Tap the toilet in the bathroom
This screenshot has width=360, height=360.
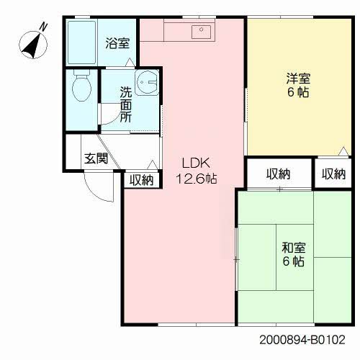pyautogui.click(x=82, y=85)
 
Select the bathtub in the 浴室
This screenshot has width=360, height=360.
pyautogui.click(x=81, y=42)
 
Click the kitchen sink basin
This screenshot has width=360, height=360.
pyautogui.click(x=201, y=32)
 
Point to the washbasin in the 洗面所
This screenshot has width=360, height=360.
pyautogui.click(x=146, y=83)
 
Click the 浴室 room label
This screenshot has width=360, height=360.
pyautogui.click(x=117, y=43)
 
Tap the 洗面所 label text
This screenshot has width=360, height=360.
pyautogui.click(x=126, y=104)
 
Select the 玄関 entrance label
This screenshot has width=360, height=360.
pyautogui.click(x=96, y=158)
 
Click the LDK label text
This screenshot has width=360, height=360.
pyautogui.click(x=196, y=163)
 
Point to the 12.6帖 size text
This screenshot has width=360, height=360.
pyautogui.click(x=197, y=179)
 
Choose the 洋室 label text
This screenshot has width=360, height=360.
pyautogui.click(x=298, y=78)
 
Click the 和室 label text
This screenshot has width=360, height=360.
pyautogui.click(x=294, y=248)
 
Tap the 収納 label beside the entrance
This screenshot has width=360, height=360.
pyautogui.click(x=142, y=180)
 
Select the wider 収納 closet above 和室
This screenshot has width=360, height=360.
pyautogui.click(x=279, y=174)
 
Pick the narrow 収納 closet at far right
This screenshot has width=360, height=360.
pyautogui.click(x=333, y=174)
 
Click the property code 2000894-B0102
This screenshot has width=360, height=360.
pyautogui.click(x=302, y=340)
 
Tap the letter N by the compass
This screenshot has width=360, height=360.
pyautogui.click(x=43, y=27)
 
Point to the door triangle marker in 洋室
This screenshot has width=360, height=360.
pyautogui.click(x=343, y=151)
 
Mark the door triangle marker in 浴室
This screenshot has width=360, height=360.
pyautogui.click(x=130, y=62)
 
